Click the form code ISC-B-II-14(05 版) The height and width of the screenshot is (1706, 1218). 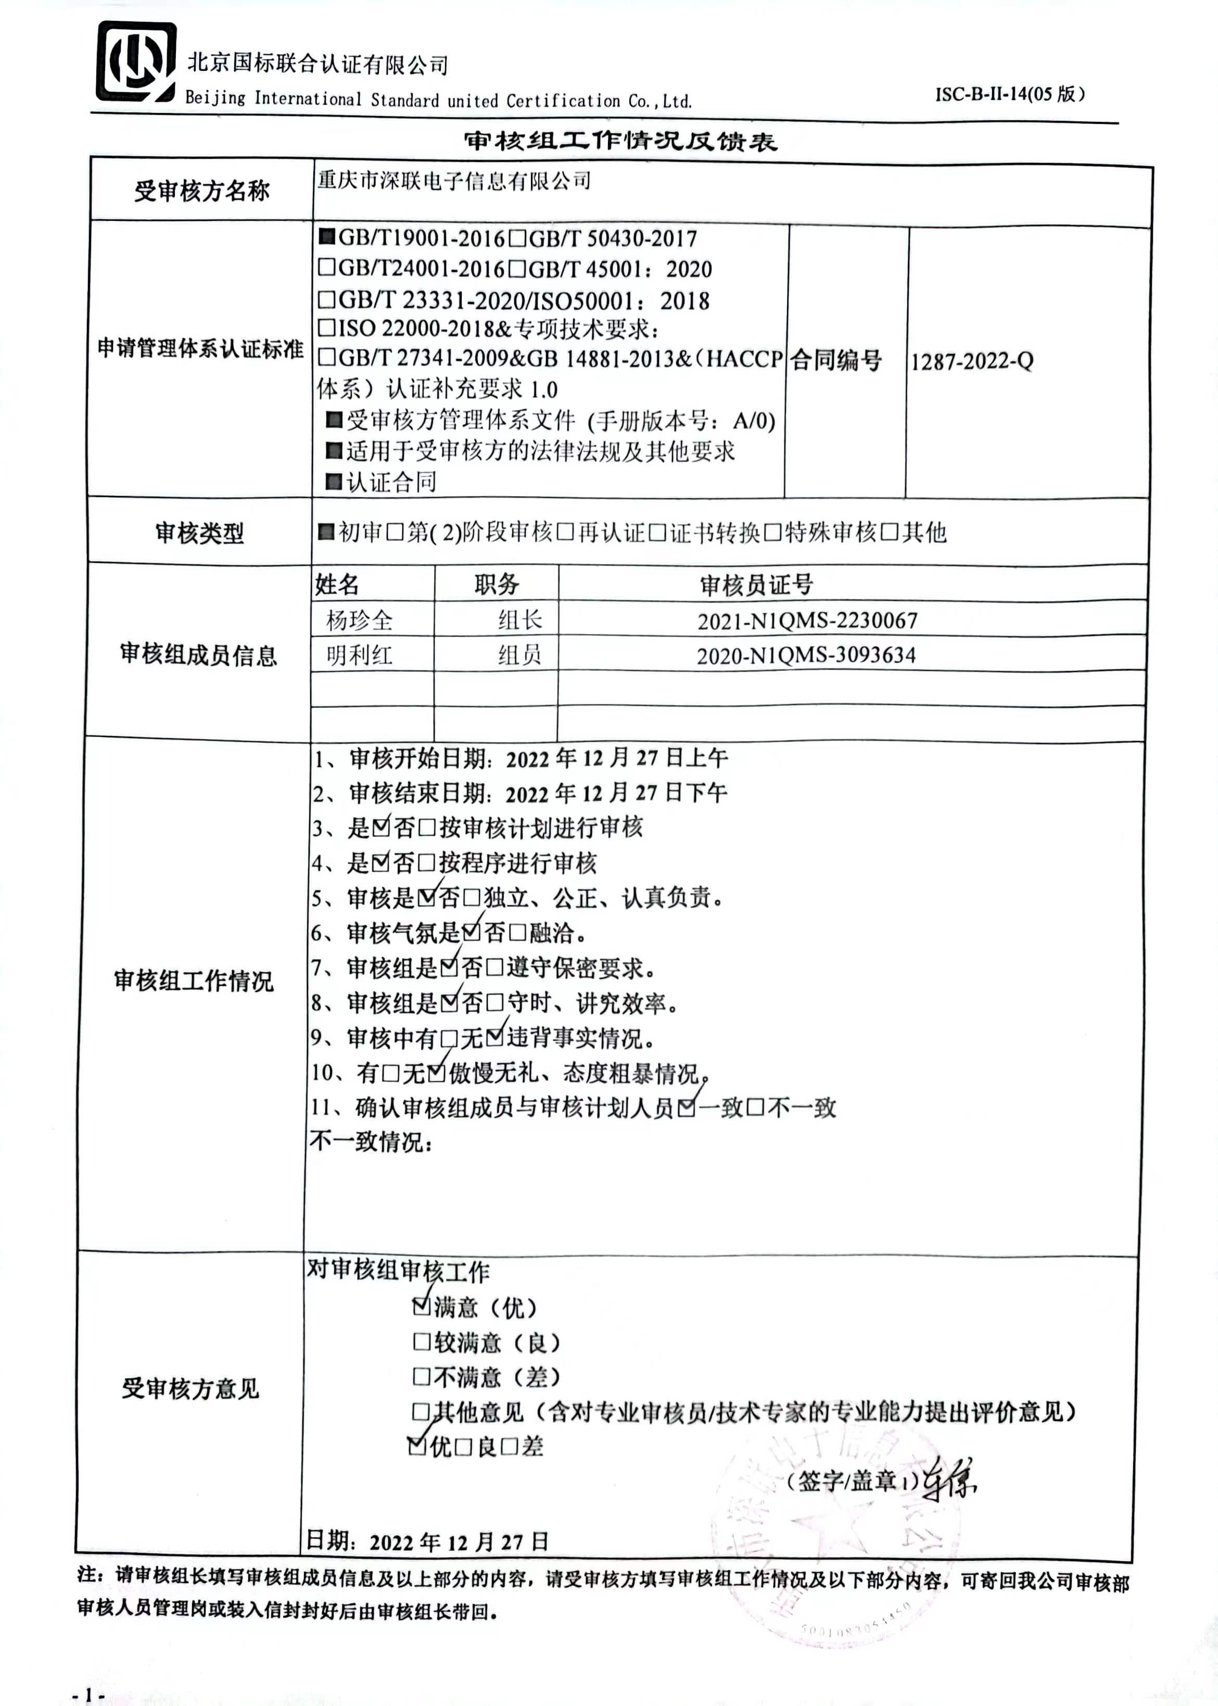(x=1009, y=94)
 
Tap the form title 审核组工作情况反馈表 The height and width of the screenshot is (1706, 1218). (x=619, y=141)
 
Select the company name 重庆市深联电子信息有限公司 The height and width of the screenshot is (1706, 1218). (x=454, y=181)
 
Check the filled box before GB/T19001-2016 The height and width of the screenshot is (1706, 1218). (x=326, y=237)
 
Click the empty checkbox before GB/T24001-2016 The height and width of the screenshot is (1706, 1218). (x=326, y=267)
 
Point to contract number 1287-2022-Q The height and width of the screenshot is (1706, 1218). (x=972, y=361)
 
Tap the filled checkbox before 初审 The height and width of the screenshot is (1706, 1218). (x=326, y=532)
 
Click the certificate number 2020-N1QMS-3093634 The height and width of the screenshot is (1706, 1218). (x=806, y=655)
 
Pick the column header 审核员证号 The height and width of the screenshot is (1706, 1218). (x=756, y=584)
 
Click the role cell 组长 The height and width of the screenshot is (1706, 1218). (x=520, y=620)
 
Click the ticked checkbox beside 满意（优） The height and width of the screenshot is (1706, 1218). (x=421, y=1307)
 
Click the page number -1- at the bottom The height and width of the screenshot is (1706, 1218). (x=88, y=1694)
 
